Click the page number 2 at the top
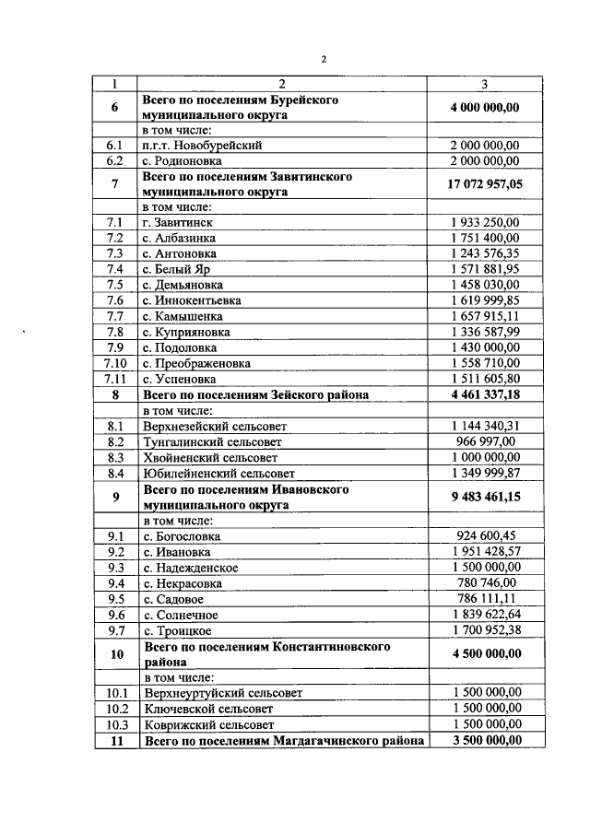(x=324, y=60)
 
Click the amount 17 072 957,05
(x=485, y=184)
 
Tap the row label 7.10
(x=115, y=363)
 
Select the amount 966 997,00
(x=485, y=441)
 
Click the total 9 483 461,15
(x=485, y=498)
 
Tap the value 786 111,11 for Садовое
(x=485, y=598)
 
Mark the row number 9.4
(x=115, y=582)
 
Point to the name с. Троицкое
(x=177, y=630)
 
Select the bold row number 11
(x=115, y=740)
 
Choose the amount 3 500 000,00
(x=485, y=740)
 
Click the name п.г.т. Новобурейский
(x=203, y=146)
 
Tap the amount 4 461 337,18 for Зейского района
(x=485, y=394)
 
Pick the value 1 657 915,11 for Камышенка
(x=485, y=316)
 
